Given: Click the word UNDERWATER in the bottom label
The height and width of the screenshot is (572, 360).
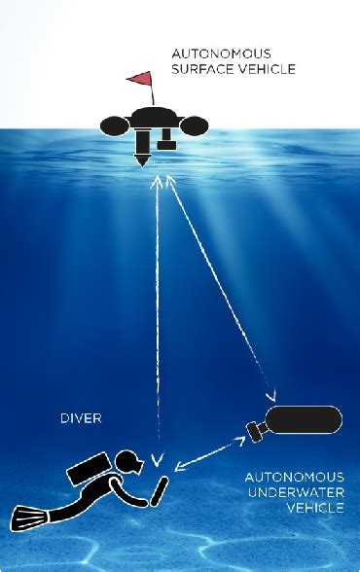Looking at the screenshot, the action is tap(295, 493).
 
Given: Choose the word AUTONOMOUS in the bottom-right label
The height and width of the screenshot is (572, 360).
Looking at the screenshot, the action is tap(294, 477).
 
